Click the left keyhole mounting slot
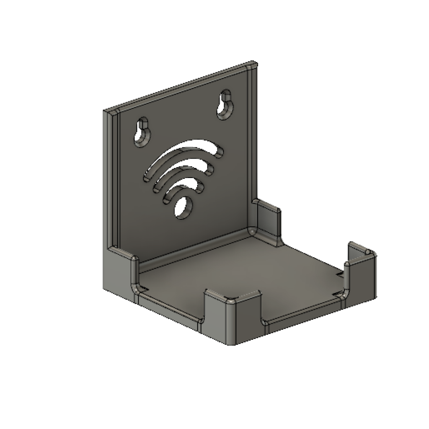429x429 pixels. tap(142, 132)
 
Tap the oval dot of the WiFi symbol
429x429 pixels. tap(183, 208)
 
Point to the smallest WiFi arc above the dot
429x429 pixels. tap(183, 187)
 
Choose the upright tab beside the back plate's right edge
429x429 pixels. tap(267, 220)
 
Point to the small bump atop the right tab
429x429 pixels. tap(367, 252)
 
